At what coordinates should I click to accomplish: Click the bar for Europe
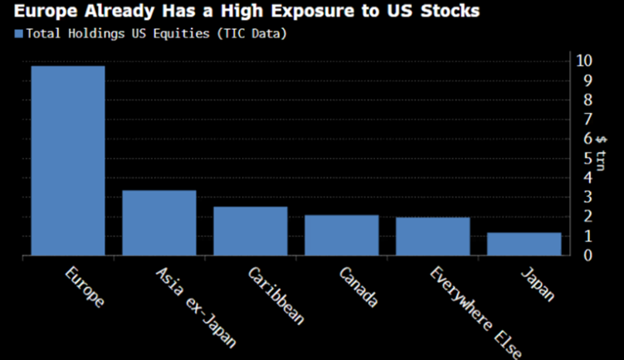tap(68, 161)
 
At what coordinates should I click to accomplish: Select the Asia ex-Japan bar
tap(159, 223)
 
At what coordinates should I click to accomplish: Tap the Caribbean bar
tap(250, 231)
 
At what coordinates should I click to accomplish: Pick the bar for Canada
tap(341, 236)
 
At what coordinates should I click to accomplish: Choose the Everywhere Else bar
tap(432, 236)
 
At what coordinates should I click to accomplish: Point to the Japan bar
tap(524, 244)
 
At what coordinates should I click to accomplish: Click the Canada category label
tap(359, 287)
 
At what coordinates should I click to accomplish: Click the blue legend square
tap(17, 34)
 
